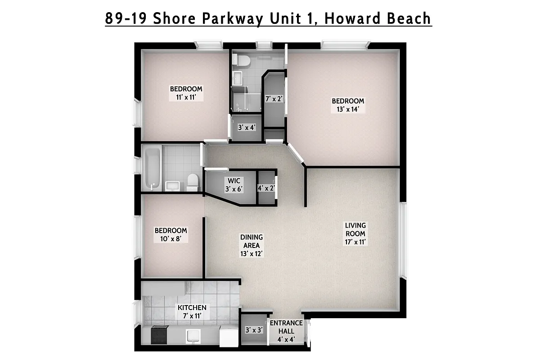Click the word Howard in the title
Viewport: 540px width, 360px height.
click(345, 18)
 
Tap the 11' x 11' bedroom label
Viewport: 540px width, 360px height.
click(186, 93)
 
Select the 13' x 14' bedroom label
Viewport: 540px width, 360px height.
click(348, 105)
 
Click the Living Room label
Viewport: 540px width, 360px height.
click(355, 234)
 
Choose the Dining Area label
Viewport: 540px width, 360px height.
click(251, 245)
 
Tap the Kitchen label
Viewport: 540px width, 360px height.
click(192, 311)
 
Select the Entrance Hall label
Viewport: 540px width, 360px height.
click(286, 331)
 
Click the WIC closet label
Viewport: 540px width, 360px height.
click(234, 185)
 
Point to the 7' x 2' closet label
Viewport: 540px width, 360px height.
click(274, 99)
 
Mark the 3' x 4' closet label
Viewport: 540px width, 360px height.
click(247, 127)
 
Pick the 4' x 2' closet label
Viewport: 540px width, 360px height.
click(266, 188)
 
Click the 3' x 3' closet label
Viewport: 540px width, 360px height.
click(254, 330)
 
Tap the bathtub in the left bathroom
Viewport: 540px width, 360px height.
click(151, 168)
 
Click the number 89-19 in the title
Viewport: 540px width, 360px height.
click(125, 18)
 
